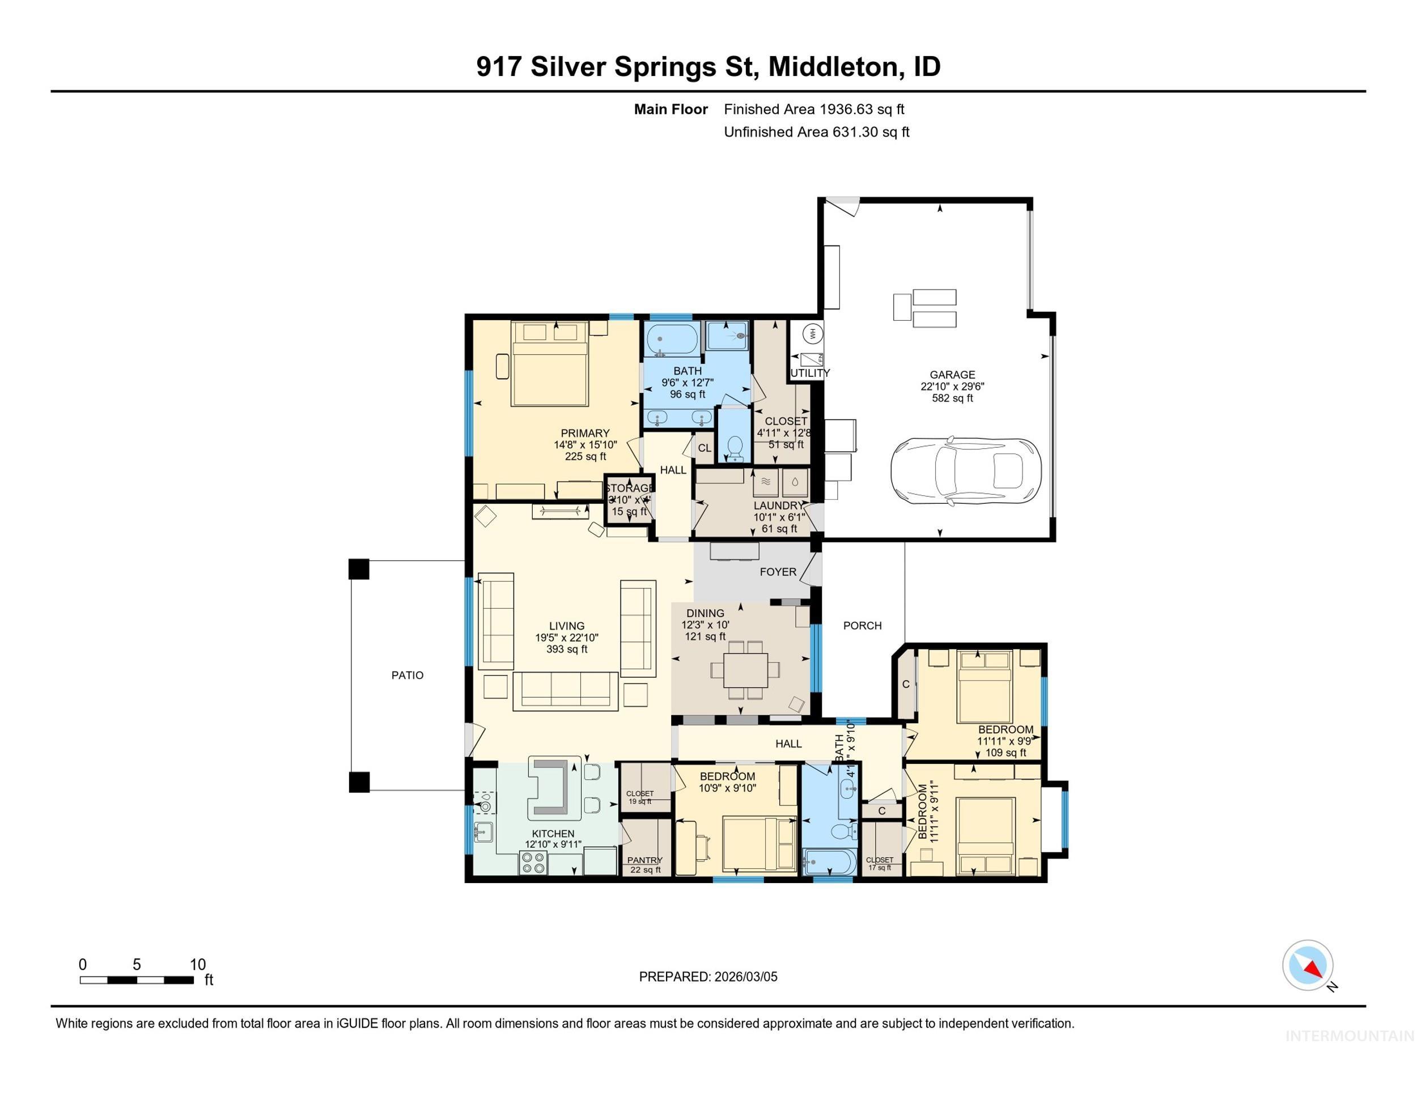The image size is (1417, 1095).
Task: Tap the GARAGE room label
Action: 952,374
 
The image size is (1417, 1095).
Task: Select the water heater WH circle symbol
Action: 812,333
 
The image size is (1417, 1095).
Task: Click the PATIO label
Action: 407,675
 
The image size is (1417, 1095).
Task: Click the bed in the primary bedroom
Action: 550,364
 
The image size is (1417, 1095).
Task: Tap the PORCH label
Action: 862,625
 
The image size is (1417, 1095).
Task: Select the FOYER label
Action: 777,571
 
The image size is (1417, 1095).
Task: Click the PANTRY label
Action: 644,860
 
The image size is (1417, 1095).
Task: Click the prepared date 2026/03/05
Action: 745,977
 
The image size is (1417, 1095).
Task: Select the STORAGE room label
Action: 629,488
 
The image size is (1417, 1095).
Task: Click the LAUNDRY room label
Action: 779,506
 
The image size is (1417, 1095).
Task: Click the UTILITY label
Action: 810,373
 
